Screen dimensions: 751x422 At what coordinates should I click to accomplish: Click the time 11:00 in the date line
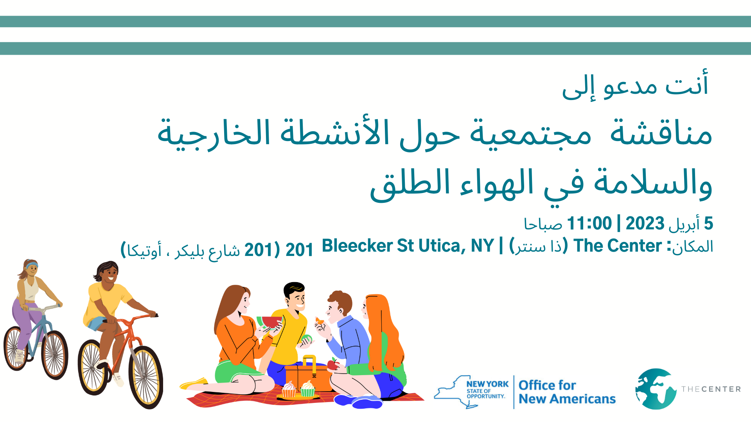pyautogui.click(x=589, y=224)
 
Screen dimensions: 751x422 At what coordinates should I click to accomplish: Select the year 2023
pyautogui.click(x=645, y=224)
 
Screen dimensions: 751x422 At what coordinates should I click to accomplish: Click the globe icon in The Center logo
pyautogui.click(x=656, y=389)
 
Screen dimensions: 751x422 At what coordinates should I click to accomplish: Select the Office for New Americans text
pyautogui.click(x=567, y=392)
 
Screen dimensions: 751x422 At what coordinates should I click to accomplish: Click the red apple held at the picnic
pyautogui.click(x=333, y=365)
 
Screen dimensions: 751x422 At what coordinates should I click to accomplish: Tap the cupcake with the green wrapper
pyautogui.click(x=307, y=389)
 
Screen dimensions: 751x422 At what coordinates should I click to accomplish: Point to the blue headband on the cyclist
pyautogui.click(x=31, y=266)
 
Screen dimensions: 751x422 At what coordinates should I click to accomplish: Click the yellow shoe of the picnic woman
pyautogui.click(x=194, y=383)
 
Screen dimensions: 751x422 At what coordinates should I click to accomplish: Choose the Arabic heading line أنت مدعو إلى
pyautogui.click(x=635, y=86)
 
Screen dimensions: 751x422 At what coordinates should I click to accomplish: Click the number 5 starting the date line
pyautogui.click(x=708, y=224)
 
